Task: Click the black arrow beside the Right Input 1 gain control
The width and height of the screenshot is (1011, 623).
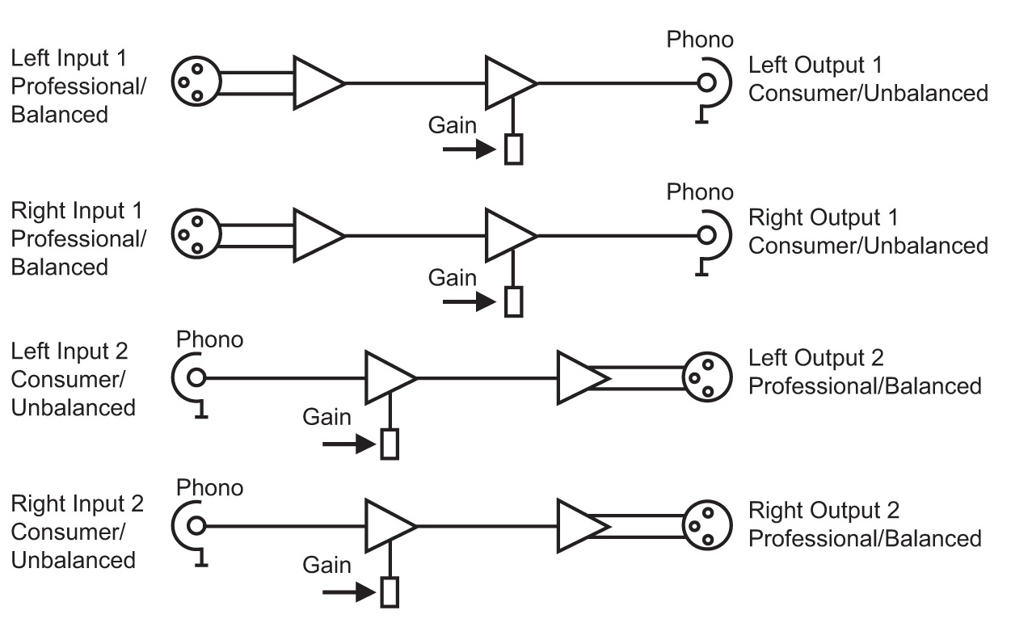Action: click(x=470, y=301)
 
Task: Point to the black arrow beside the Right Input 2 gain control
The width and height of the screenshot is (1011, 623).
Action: click(x=349, y=592)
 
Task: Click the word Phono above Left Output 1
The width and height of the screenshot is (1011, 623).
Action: click(x=700, y=40)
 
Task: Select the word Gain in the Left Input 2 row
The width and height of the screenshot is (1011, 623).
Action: click(x=326, y=417)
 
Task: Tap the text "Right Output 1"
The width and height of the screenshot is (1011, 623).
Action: click(x=824, y=217)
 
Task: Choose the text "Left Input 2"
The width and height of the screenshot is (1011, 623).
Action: click(x=70, y=351)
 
